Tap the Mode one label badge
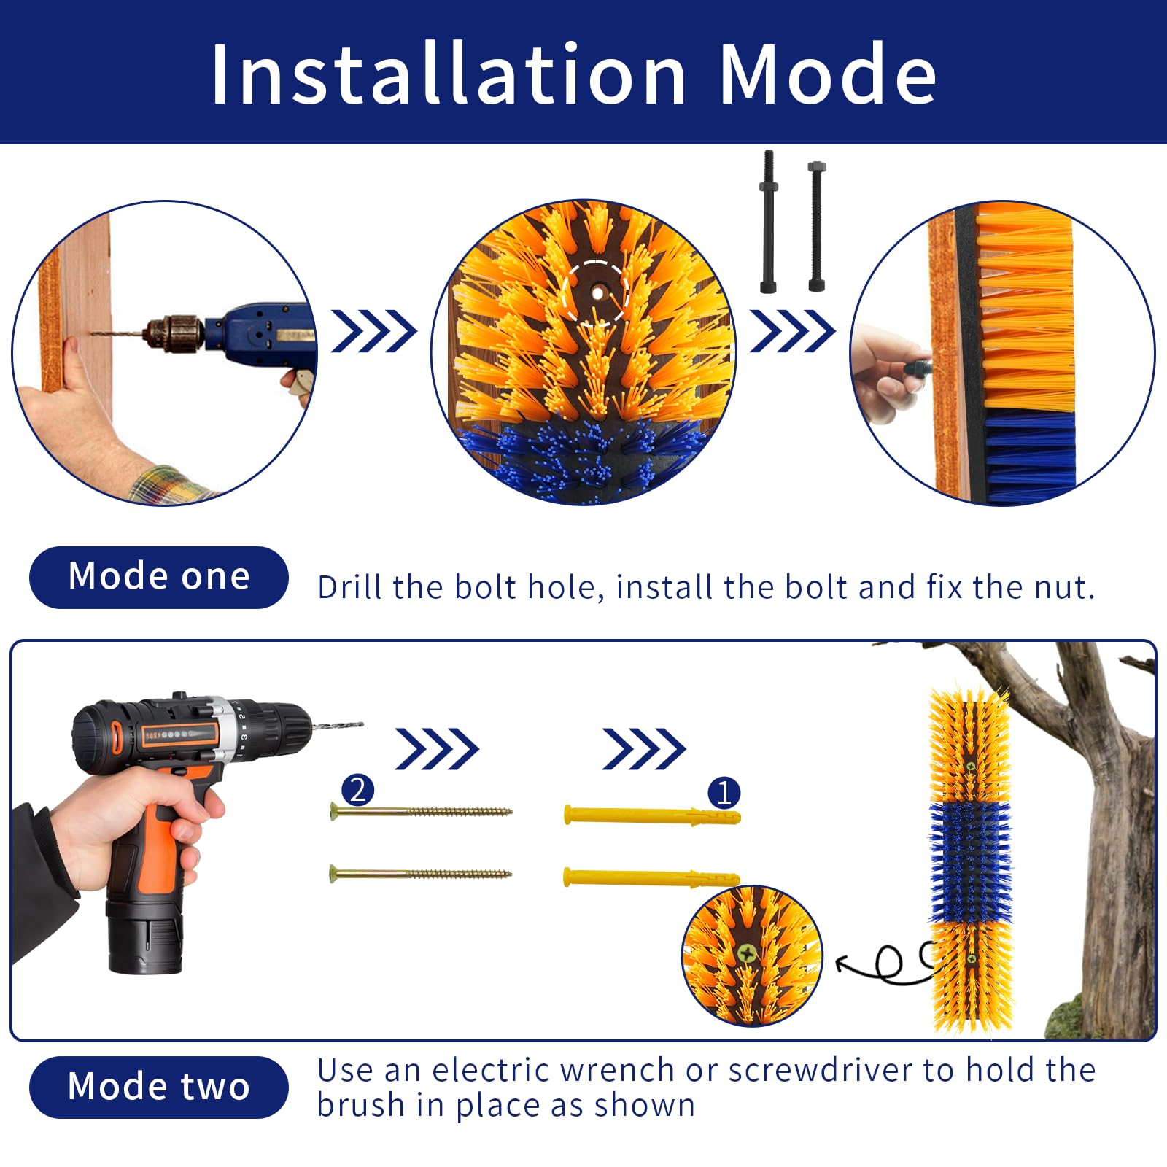coord(158,577)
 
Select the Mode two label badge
coord(158,1087)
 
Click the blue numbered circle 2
coord(357,790)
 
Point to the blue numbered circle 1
coord(724,793)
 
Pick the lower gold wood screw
coord(421,873)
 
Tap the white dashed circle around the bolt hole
coord(596,292)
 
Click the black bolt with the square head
coord(816,226)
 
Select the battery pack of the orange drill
coord(144,942)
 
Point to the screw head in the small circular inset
coord(746,953)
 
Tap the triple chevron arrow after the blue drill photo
coord(373,331)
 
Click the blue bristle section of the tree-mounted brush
coord(970,861)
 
